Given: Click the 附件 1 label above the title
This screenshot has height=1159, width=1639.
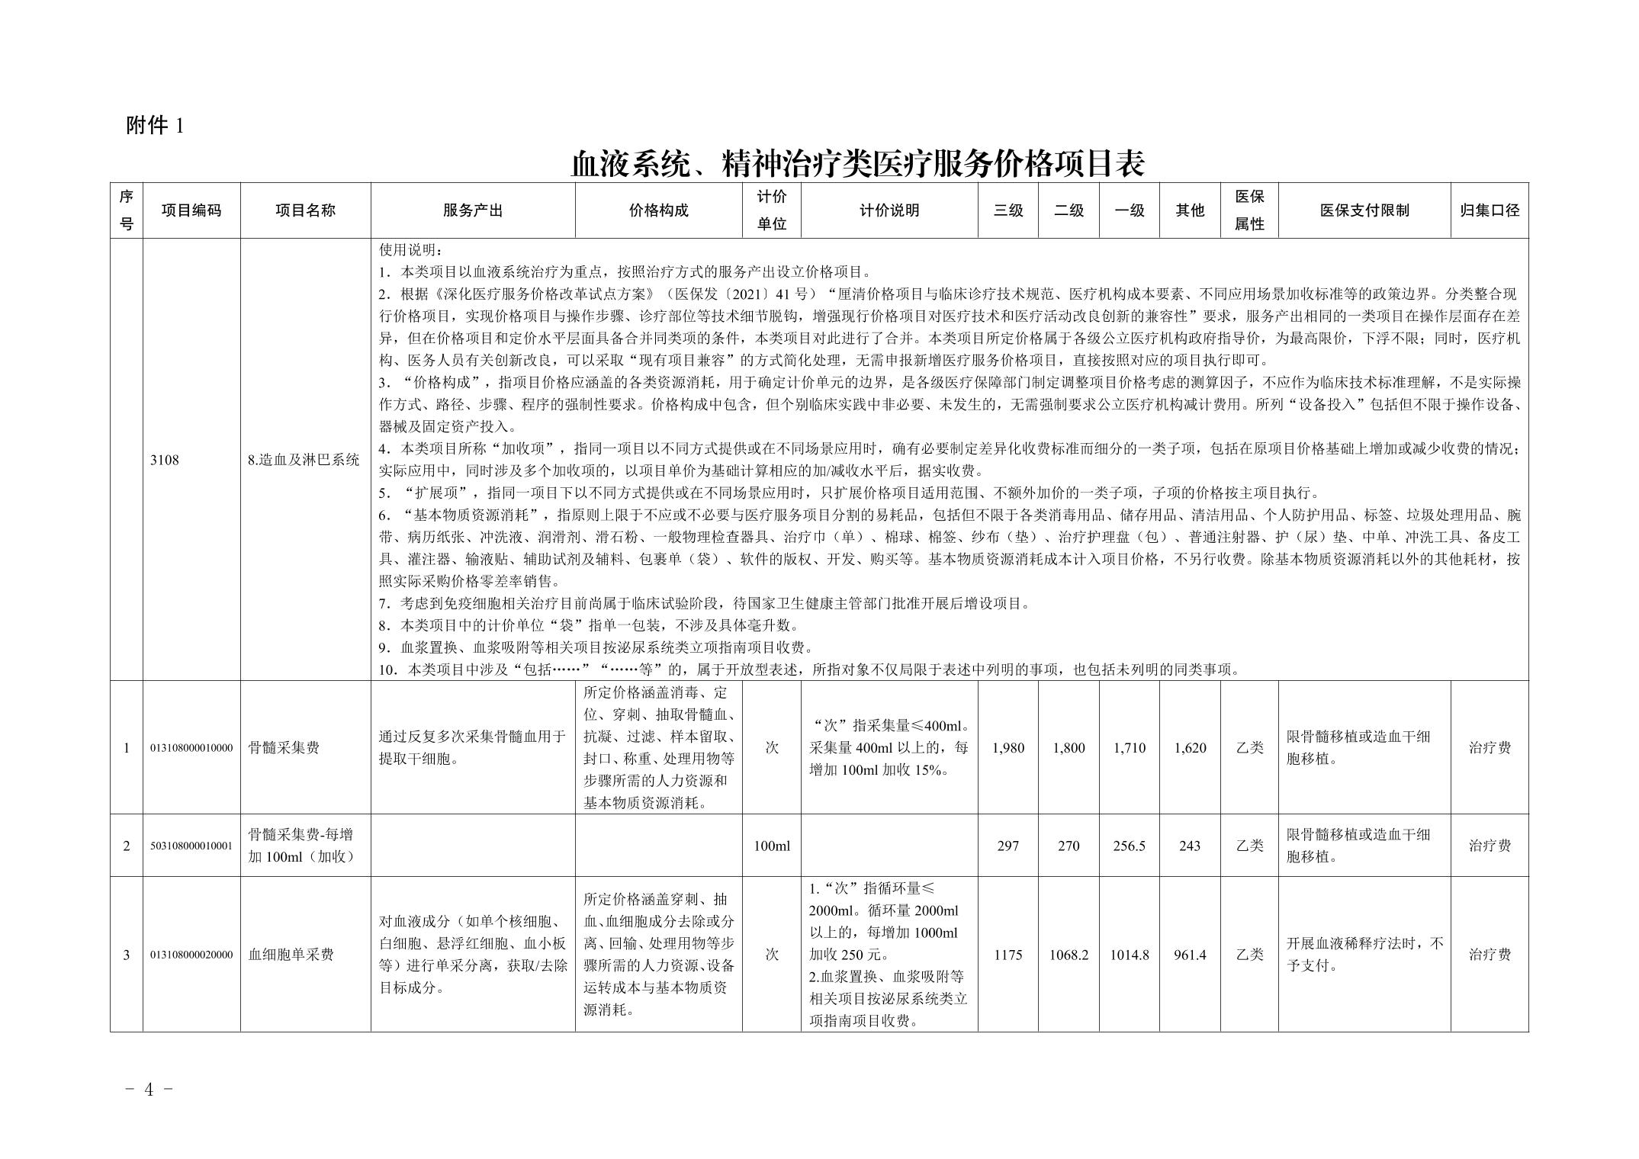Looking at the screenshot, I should (155, 126).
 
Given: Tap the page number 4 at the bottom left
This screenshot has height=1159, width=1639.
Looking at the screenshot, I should (149, 1090).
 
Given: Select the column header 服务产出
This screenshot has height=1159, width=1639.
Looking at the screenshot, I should (472, 210).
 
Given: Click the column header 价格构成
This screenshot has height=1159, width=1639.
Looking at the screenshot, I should (658, 210).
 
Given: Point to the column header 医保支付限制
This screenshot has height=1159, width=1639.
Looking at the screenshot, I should (1364, 210).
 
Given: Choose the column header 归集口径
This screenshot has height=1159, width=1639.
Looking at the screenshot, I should (1489, 210).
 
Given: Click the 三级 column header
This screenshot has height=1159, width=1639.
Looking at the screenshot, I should (1008, 210).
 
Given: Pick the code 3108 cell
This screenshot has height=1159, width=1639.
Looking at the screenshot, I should (165, 460).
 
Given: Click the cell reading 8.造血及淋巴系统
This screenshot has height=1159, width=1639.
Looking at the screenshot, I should (304, 460).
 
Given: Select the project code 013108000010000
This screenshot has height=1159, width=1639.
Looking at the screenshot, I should (191, 748).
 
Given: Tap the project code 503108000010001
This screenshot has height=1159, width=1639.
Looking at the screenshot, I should (191, 846).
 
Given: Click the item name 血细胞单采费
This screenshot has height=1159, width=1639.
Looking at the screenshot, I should (291, 955).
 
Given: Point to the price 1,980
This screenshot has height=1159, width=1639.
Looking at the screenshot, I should (1008, 748).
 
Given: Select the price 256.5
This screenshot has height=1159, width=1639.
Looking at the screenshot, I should (1129, 846).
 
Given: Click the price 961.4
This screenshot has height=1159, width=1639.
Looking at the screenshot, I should (1190, 955).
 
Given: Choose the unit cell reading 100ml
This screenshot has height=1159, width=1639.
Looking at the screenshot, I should (771, 846).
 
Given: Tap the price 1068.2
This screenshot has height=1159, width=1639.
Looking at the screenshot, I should (1069, 955).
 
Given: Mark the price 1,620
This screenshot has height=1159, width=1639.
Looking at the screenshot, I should (1190, 748).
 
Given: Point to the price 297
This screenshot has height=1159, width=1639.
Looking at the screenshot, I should (1008, 846).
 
